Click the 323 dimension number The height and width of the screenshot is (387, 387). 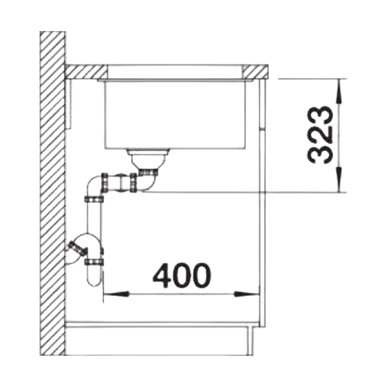point(319,135)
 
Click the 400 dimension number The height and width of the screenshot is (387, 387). point(182,276)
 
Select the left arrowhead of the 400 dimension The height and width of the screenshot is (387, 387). point(116,294)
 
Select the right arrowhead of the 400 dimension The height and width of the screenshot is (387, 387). point(245,294)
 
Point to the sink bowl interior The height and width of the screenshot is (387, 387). point(174,114)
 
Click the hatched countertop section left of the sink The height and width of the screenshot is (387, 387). point(86,72)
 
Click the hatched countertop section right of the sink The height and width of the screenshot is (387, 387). point(255,72)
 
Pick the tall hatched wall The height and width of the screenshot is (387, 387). point(53,168)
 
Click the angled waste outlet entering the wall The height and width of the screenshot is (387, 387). point(77,249)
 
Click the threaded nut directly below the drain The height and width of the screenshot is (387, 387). point(148,171)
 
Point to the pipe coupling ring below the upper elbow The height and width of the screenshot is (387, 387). point(94,199)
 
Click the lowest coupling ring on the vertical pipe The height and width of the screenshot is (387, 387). point(94,262)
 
